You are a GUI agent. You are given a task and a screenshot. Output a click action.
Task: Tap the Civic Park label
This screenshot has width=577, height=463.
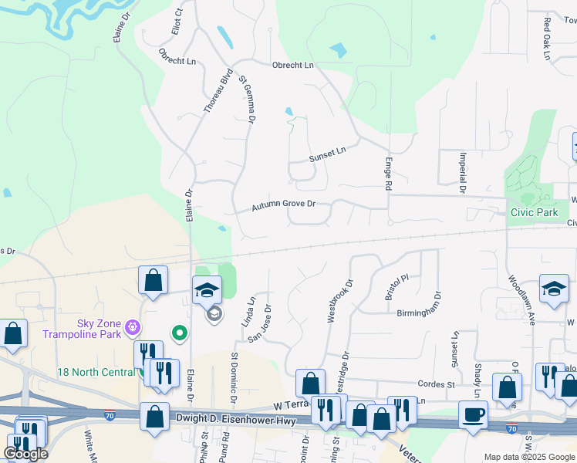pyautogui.click(x=533, y=212)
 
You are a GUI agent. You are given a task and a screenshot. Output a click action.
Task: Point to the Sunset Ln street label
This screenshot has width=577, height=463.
pyautogui.click(x=328, y=154)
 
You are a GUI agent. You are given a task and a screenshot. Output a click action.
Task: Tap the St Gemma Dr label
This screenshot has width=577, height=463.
pyautogui.click(x=246, y=100)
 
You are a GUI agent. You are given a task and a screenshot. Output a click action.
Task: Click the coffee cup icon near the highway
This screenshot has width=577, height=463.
pyautogui.click(x=473, y=414)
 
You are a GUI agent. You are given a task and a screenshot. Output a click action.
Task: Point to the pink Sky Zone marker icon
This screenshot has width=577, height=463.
pyautogui.click(x=133, y=328)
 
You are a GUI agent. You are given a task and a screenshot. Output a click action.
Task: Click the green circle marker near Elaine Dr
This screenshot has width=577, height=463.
pyautogui.click(x=180, y=333)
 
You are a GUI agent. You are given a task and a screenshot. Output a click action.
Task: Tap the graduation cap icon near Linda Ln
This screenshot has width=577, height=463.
pyautogui.click(x=207, y=290)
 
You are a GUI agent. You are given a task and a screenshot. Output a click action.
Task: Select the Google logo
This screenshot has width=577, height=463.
pyautogui.click(x=26, y=454)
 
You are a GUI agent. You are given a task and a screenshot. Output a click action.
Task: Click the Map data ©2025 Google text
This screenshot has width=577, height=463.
pyautogui.click(x=528, y=457)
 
